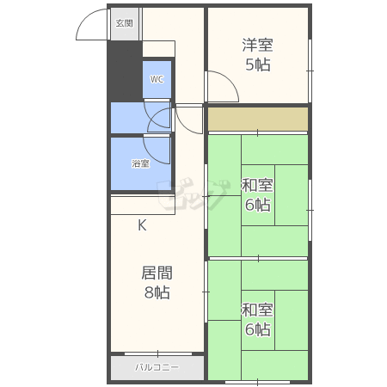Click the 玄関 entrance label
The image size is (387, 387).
(x=125, y=23)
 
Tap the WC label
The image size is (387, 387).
(x=157, y=79)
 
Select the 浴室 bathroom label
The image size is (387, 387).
(x=140, y=163)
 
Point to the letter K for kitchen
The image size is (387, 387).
(x=142, y=225)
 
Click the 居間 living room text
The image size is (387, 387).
(x=157, y=273)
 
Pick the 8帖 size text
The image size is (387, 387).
(x=157, y=292)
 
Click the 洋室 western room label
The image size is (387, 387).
(x=257, y=45)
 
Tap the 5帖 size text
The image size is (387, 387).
(x=258, y=64)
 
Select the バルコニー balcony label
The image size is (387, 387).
(x=157, y=367)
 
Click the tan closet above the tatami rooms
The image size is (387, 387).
(x=258, y=119)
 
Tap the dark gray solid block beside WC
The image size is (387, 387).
(x=125, y=71)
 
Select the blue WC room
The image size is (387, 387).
(x=157, y=79)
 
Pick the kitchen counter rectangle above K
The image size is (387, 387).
(x=143, y=206)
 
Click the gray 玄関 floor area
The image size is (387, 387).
(x=125, y=24)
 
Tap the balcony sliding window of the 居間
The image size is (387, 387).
(x=158, y=354)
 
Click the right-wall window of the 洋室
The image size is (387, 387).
(x=310, y=71)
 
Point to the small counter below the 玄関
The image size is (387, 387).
(x=158, y=49)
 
